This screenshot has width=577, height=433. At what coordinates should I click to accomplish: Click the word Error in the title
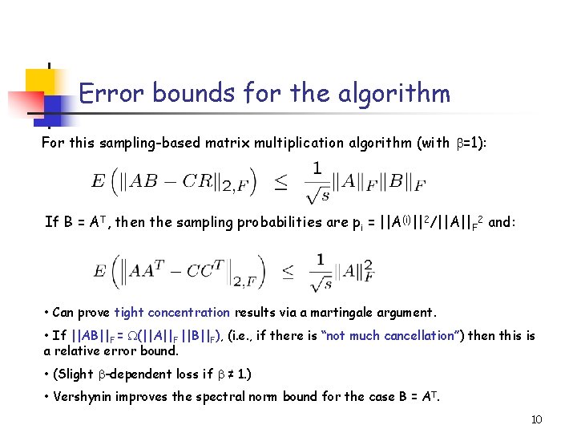click(109, 94)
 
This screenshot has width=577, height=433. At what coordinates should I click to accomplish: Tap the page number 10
click(537, 419)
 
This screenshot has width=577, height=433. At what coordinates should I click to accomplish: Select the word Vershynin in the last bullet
click(84, 395)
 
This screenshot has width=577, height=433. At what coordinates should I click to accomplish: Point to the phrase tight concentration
click(171, 313)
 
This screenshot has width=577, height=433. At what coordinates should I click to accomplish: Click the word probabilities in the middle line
click(294, 222)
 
